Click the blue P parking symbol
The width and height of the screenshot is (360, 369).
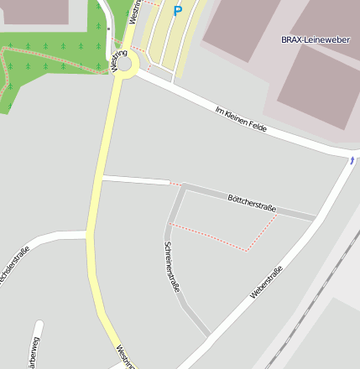177,11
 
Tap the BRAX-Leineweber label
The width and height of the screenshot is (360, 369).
315,39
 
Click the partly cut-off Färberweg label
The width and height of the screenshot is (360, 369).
32,352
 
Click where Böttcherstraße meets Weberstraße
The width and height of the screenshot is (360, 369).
316,218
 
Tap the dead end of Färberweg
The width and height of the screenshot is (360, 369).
38,322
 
